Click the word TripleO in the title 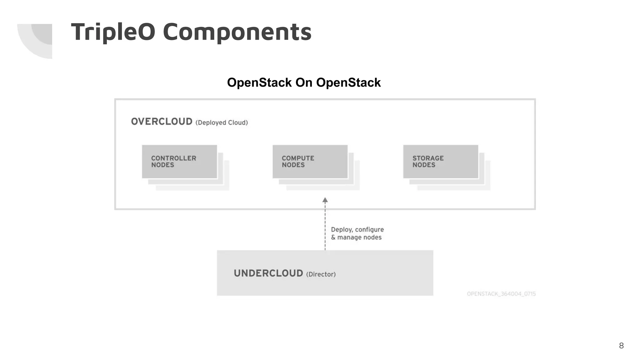click(x=113, y=32)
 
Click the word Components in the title click(x=237, y=32)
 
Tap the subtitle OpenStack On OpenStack click(x=304, y=83)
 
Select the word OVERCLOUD click(x=162, y=122)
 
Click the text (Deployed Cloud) click(x=222, y=123)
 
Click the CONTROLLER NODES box click(x=179, y=162)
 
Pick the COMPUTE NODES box click(x=310, y=162)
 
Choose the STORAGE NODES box click(x=441, y=162)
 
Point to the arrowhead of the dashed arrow click(x=325, y=200)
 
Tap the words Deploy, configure click(x=357, y=230)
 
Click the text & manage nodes click(x=356, y=237)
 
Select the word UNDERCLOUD click(x=268, y=273)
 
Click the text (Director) click(x=321, y=274)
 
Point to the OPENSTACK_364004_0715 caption click(x=501, y=294)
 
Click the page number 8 click(x=621, y=346)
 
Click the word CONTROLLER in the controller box click(x=174, y=158)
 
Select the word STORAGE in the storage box click(x=428, y=158)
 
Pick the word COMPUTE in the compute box click(x=298, y=158)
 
